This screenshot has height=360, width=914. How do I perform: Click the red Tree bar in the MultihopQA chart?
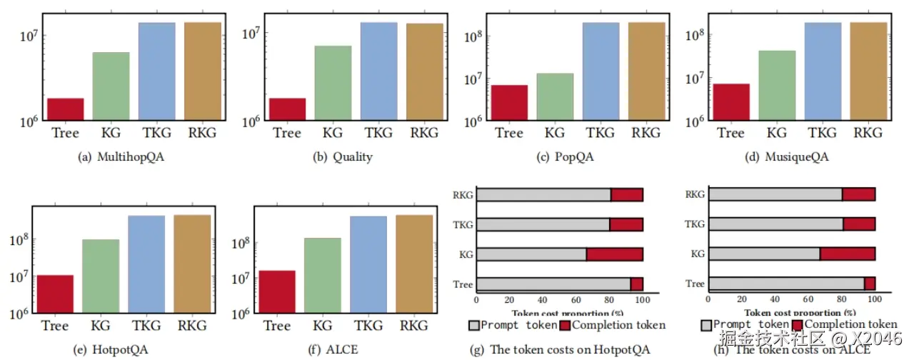click(66, 109)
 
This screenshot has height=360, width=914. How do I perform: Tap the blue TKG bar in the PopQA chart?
click(601, 71)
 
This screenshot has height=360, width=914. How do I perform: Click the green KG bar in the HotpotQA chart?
click(101, 276)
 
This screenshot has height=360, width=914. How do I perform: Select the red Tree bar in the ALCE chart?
click(277, 291)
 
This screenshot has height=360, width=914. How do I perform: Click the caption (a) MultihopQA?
click(121, 157)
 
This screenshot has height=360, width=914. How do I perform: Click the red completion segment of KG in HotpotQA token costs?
click(615, 254)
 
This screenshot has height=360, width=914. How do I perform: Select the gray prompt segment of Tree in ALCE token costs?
click(786, 284)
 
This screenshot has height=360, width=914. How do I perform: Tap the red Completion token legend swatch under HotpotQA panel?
click(564, 326)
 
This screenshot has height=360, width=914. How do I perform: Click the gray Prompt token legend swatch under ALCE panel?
click(706, 326)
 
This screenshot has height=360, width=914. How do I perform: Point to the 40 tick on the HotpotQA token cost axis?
click(543, 299)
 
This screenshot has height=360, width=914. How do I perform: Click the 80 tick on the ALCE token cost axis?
click(841, 299)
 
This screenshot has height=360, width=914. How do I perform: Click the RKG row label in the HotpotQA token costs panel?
click(463, 194)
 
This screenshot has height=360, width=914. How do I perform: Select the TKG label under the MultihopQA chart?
click(156, 132)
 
